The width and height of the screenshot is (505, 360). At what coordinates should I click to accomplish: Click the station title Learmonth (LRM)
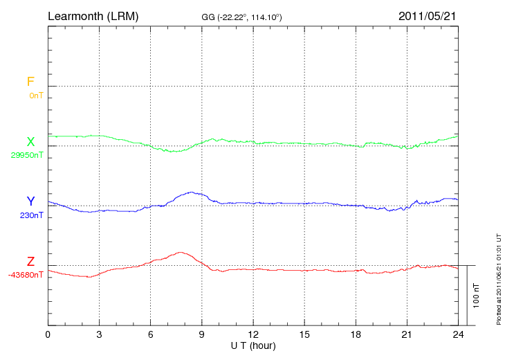pyautogui.click(x=93, y=15)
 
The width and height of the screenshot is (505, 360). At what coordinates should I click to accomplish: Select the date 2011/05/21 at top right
pyautogui.click(x=427, y=15)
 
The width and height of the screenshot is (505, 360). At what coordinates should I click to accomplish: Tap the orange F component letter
pyautogui.click(x=30, y=82)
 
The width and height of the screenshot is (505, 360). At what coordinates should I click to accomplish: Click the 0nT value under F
pyautogui.click(x=36, y=96)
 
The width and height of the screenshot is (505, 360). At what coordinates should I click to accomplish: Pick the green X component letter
pyautogui.click(x=30, y=142)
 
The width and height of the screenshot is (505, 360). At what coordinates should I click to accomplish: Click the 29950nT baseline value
pyautogui.click(x=27, y=155)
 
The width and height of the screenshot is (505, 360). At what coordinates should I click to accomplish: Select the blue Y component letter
pyautogui.click(x=30, y=201)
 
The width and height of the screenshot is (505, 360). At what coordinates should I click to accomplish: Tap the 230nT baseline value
pyautogui.click(x=31, y=215)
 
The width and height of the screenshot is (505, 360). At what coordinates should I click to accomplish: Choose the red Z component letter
pyautogui.click(x=30, y=262)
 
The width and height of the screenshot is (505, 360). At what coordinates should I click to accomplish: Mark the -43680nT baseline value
pyautogui.click(x=27, y=275)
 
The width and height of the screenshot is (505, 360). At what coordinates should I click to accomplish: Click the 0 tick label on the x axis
pyautogui.click(x=48, y=335)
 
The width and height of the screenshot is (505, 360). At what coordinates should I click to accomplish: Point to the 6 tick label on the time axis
pyautogui.click(x=151, y=335)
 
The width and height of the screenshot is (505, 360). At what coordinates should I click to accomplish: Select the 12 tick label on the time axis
pyautogui.click(x=253, y=335)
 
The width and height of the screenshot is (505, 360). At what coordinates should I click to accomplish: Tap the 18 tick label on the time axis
pyautogui.click(x=356, y=335)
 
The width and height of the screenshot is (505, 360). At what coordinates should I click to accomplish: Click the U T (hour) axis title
pyautogui.click(x=253, y=345)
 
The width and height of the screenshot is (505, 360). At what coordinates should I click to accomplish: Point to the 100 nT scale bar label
pyautogui.click(x=477, y=296)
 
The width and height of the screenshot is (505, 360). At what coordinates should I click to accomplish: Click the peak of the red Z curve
pyautogui.click(x=181, y=252)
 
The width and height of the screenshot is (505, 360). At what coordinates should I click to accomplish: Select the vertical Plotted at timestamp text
pyautogui.click(x=499, y=277)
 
